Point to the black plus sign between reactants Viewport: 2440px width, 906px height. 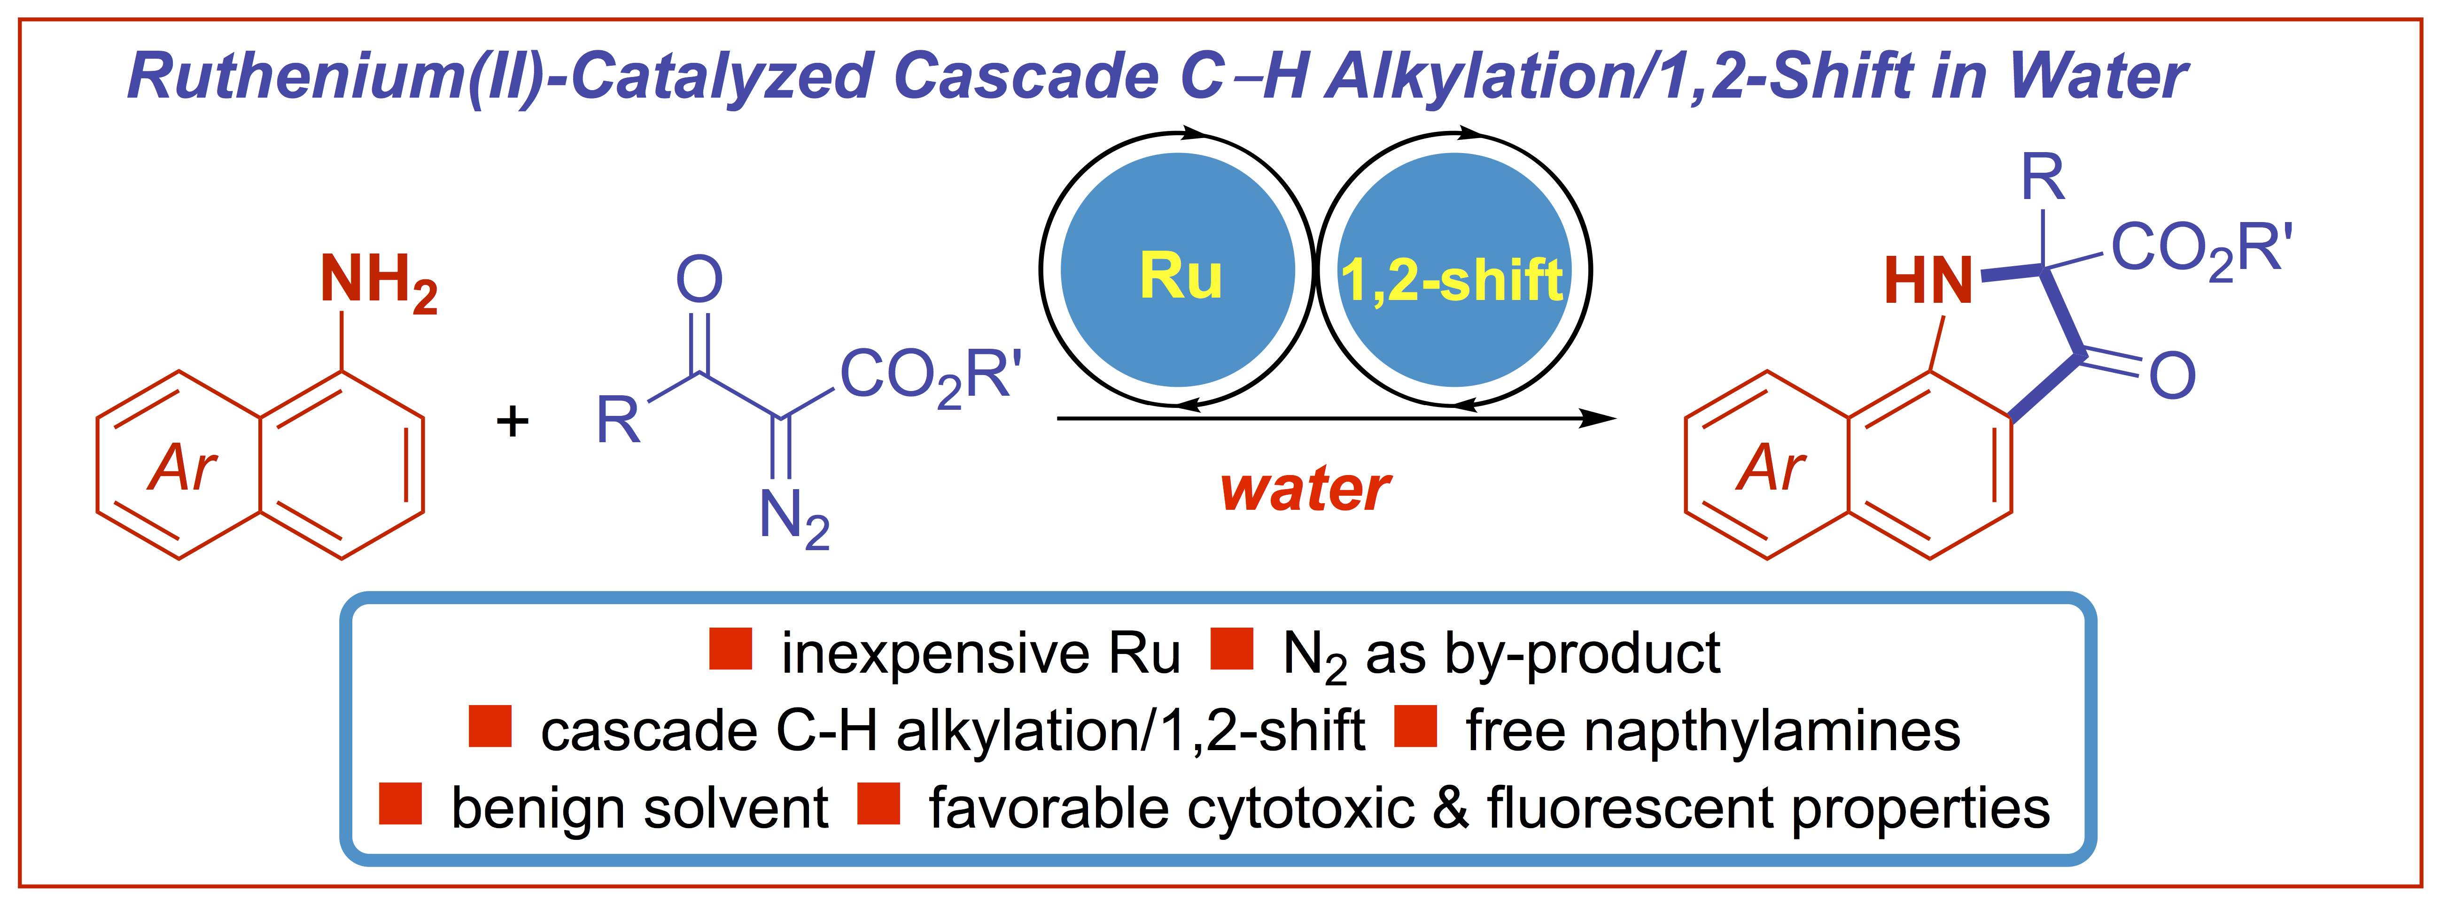coord(513,421)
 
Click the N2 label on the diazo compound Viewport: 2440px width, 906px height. coord(794,518)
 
